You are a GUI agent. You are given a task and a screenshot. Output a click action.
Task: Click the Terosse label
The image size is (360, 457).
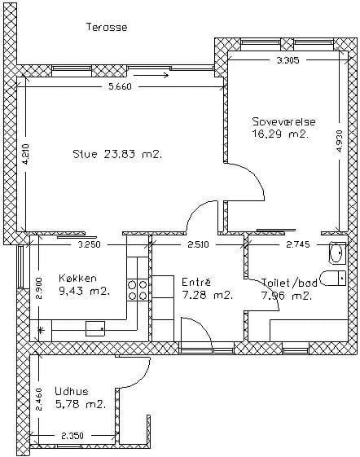pyautogui.click(x=107, y=27)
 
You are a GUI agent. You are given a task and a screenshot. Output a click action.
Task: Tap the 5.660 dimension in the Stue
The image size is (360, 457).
pyautogui.click(x=120, y=86)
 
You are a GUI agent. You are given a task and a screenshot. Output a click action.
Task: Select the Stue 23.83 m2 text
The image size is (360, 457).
pyautogui.click(x=117, y=154)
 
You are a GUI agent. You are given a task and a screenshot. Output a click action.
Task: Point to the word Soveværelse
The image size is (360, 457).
pyautogui.click(x=283, y=121)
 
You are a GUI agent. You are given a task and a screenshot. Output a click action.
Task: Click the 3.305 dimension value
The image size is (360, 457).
pyautogui.click(x=288, y=60)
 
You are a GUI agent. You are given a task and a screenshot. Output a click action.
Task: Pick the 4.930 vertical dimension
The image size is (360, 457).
pyautogui.click(x=340, y=141)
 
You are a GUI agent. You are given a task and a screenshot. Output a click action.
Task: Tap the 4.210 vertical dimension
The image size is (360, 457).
pyautogui.click(x=25, y=155)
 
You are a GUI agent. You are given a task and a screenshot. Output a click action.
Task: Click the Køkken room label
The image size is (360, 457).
pyautogui.click(x=77, y=278)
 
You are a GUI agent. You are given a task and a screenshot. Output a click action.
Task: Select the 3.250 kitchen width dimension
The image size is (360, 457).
pyautogui.click(x=89, y=244)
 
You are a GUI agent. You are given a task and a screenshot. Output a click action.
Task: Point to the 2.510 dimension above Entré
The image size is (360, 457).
pyautogui.click(x=198, y=244)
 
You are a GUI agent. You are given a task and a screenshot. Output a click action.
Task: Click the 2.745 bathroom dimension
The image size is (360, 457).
pyautogui.click(x=298, y=244)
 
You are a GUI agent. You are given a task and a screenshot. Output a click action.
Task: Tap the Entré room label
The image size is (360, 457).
pyautogui.click(x=196, y=282)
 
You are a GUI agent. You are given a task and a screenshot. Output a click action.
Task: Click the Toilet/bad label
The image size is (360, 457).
pyautogui.click(x=289, y=283)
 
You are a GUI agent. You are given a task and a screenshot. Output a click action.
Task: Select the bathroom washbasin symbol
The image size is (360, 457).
pyautogui.click(x=337, y=253)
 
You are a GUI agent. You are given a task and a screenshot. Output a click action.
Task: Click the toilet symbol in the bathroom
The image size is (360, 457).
pyautogui.click(x=333, y=278)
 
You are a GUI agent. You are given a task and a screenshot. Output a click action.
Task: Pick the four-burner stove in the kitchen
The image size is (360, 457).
pyautogui.click(x=138, y=290)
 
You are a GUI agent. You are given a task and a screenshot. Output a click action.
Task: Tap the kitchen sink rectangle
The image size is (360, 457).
pyautogui.click(x=95, y=328)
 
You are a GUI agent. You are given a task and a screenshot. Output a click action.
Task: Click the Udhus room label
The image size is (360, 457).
pyautogui.click(x=72, y=391)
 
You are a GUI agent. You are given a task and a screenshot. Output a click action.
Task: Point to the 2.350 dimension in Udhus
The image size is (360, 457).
pyautogui.click(x=72, y=436)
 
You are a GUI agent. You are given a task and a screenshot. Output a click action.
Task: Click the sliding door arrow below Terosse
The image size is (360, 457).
pyautogui.click(x=151, y=76)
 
